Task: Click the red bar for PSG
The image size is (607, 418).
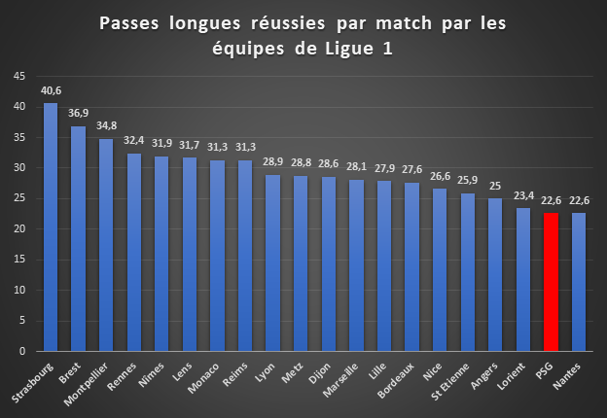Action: click(x=551, y=282)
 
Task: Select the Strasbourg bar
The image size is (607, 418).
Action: click(x=51, y=226)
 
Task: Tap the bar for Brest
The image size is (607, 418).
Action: click(x=78, y=238)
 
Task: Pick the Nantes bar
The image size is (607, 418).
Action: click(x=579, y=282)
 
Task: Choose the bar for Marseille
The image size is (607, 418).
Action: click(x=356, y=265)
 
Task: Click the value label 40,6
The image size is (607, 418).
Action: click(x=52, y=90)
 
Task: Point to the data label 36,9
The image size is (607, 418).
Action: click(x=78, y=114)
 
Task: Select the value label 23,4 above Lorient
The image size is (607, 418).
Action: click(x=523, y=196)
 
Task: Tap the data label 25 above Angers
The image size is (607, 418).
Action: click(x=495, y=186)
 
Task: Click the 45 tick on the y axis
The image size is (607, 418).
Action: click(x=19, y=76)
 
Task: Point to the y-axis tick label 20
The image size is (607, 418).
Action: click(x=19, y=228)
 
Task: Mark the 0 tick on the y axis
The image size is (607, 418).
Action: click(x=22, y=351)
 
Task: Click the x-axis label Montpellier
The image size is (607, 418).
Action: click(x=86, y=384)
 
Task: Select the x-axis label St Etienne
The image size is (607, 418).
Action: click(x=449, y=381)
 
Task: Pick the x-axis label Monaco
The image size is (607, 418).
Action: click(x=203, y=378)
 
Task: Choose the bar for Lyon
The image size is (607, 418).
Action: click(x=272, y=262)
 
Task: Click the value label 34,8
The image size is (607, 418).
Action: click(x=106, y=126)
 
